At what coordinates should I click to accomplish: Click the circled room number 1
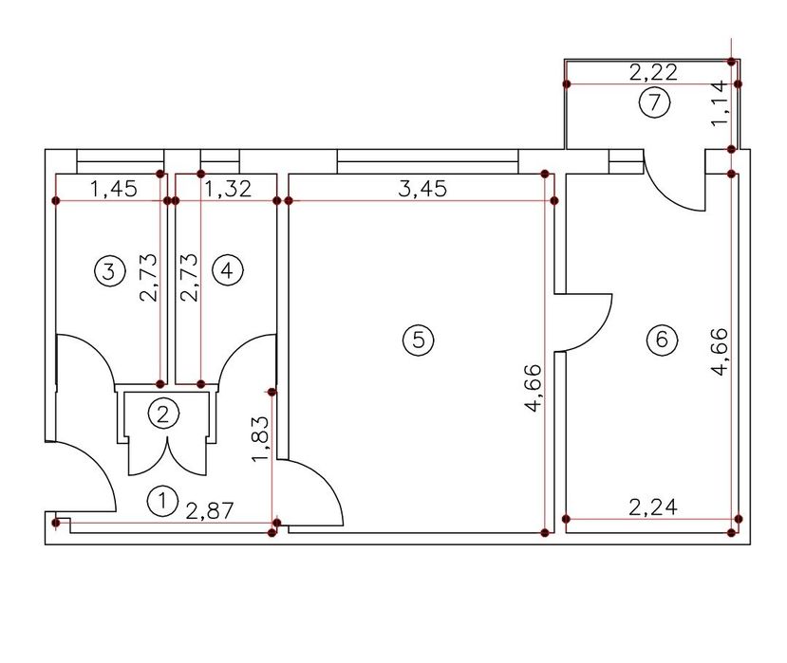coord(163,500)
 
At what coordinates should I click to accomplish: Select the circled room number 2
coord(163,414)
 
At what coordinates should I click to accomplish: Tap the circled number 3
coord(109,271)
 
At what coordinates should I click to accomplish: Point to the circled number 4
coord(228,271)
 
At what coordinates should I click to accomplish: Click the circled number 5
coord(418,340)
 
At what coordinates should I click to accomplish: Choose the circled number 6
coord(662,340)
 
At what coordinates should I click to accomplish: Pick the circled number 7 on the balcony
coord(654,102)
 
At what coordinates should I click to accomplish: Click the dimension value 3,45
coord(422,189)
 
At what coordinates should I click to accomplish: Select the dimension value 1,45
coord(113,189)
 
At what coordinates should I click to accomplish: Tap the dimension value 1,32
coord(229,189)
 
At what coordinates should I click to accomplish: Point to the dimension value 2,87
coord(210,510)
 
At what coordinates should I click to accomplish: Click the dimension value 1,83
coord(261,439)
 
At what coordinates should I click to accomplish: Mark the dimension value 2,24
coord(653,507)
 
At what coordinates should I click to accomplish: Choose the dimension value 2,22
coord(653,72)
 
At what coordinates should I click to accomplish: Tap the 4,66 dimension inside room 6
coord(720,352)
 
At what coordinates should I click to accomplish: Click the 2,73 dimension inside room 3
coord(149,277)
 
